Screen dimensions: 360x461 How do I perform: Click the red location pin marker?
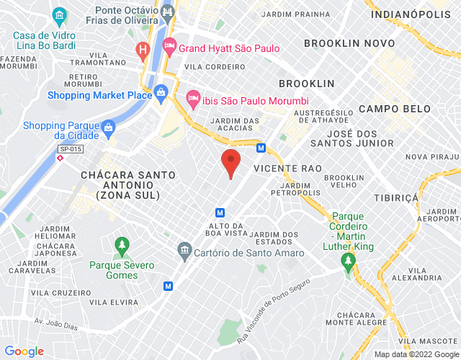(x=230, y=161)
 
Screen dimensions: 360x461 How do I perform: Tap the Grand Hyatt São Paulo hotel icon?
(x=170, y=48)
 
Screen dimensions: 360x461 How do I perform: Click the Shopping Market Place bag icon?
(x=161, y=92)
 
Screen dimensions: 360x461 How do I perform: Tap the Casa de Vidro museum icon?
(x=59, y=14)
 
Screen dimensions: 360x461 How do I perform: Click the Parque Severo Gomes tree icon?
(x=122, y=246)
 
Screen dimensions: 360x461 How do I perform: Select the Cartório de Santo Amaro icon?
(x=184, y=251)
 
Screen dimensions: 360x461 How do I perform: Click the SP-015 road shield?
(x=70, y=149)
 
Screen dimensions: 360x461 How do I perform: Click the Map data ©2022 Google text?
(x=416, y=354)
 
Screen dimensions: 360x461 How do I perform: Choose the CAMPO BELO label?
(x=394, y=109)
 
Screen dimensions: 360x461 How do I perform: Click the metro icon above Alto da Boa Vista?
(x=220, y=212)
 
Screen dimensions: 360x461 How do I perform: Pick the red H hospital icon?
(x=143, y=50)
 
